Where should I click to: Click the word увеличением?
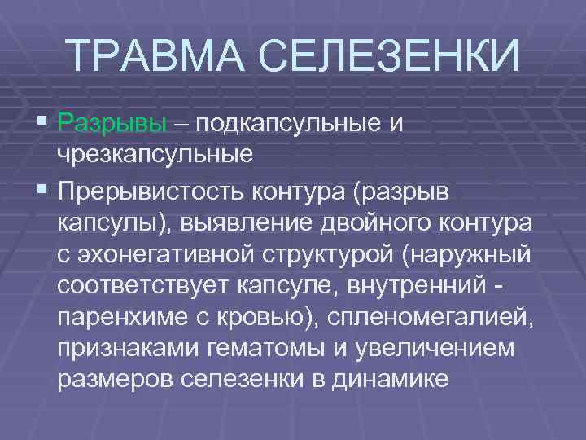click(450, 349)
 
